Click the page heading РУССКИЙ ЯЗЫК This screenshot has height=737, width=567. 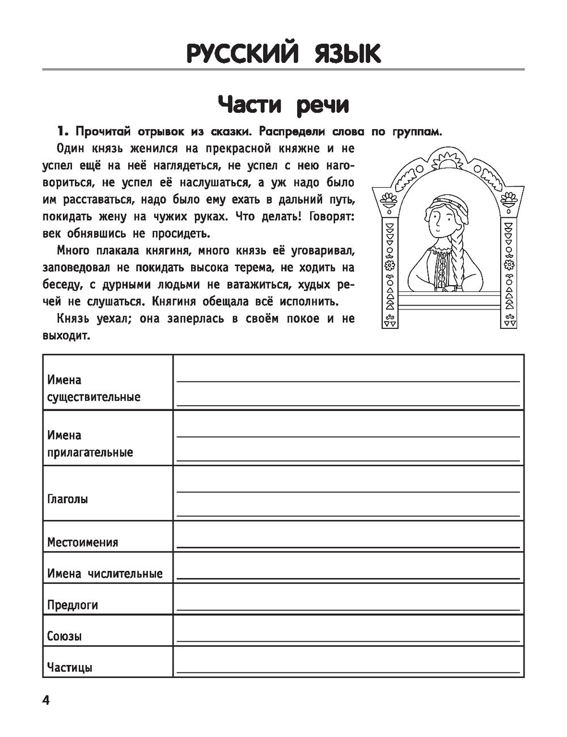pos(283,54)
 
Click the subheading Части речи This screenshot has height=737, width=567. pos(283,105)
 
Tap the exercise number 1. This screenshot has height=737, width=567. pos(62,132)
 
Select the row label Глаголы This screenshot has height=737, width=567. pos(67,499)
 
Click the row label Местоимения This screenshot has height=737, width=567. pos(83,542)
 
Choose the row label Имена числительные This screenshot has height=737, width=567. pos(105,574)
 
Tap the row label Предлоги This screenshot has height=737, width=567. pos(73,605)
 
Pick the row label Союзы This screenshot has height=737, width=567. pos(64,636)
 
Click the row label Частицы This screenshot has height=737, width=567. pos(70,667)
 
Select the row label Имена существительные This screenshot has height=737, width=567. pos(94,388)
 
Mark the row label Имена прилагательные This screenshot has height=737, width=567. pos(90,444)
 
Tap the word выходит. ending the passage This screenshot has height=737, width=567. pos(66,336)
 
